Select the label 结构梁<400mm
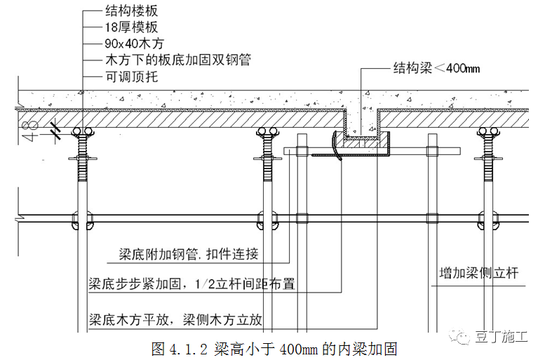pos(436,70)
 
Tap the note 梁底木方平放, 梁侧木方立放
pos(175,320)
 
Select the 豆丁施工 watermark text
pos(504,337)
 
